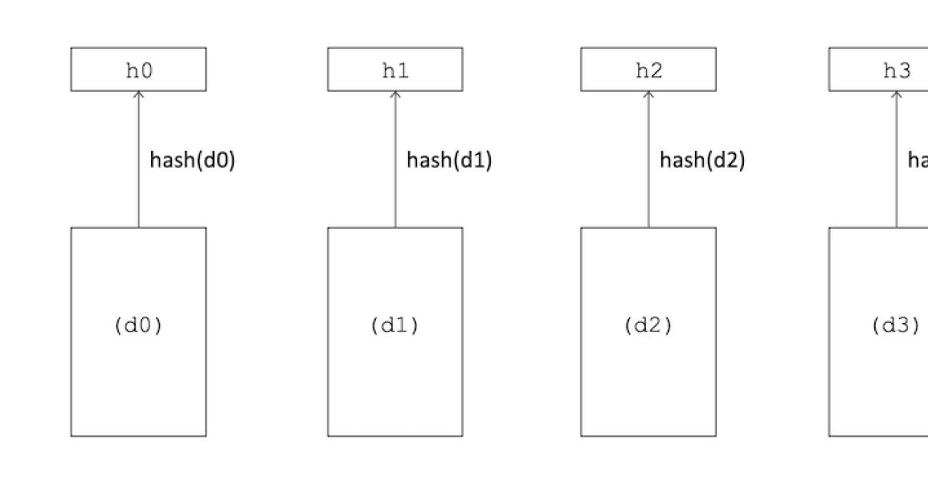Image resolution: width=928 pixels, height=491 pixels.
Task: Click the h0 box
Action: coord(138,70)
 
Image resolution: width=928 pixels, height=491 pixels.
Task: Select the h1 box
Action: coord(395,70)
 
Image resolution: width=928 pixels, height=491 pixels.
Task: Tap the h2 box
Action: coord(648,70)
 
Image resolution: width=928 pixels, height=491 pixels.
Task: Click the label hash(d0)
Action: coord(192,160)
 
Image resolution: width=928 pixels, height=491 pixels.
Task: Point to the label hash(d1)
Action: coord(449,160)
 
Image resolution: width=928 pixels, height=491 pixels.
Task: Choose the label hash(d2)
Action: coord(703,160)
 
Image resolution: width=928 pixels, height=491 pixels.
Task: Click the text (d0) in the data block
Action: coord(138,325)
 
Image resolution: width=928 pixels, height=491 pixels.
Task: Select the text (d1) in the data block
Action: coord(395,325)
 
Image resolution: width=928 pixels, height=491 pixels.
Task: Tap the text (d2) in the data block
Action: coord(648,325)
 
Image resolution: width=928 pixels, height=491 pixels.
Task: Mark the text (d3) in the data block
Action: coord(895,325)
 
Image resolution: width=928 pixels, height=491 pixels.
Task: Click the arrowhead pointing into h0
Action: coord(139,94)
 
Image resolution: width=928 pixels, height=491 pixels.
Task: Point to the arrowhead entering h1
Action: coord(396,94)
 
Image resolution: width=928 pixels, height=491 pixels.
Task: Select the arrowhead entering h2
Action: coord(648,94)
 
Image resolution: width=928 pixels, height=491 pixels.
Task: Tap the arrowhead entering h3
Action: coord(897,94)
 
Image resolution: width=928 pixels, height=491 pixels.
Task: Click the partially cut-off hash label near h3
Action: coord(918,160)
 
